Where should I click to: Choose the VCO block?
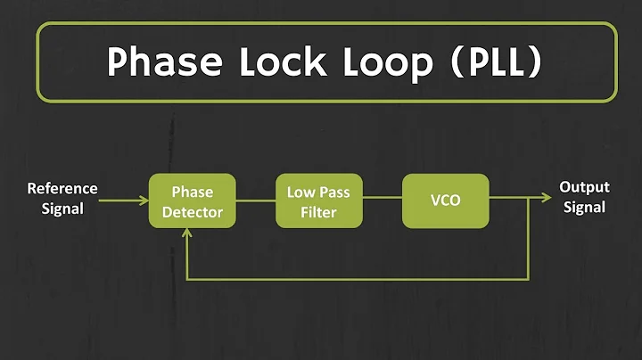click(x=445, y=201)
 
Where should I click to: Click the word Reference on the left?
click(x=62, y=189)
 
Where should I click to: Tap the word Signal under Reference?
click(x=62, y=209)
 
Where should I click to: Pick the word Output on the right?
click(x=584, y=187)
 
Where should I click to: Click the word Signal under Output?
click(x=584, y=208)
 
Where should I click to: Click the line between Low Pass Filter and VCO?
click(x=383, y=200)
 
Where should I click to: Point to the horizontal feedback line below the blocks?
click(x=357, y=279)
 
